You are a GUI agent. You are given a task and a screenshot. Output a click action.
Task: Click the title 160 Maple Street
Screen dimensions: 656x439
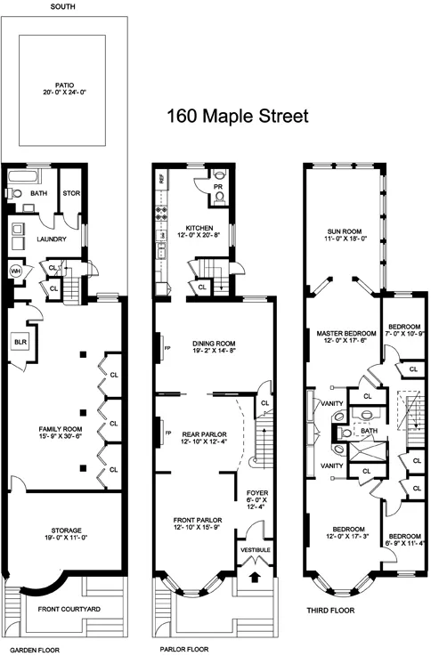click(x=238, y=116)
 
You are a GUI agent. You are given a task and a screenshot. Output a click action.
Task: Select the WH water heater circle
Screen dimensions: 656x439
click(x=15, y=271)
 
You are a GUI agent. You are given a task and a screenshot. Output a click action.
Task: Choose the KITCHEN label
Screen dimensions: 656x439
click(x=197, y=230)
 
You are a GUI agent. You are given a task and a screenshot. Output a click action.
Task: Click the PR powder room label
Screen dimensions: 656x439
click(x=218, y=186)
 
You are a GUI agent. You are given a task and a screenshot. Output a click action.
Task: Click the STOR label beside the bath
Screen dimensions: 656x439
click(x=69, y=193)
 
